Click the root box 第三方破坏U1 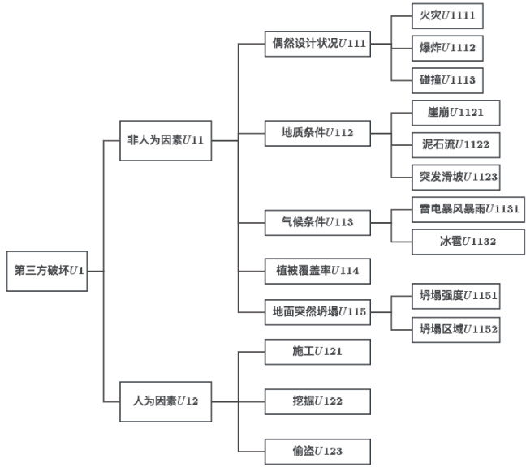click(50, 269)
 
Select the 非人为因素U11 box click(166, 139)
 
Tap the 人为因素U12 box click(166, 400)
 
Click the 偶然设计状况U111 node click(318, 42)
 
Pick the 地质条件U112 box click(318, 131)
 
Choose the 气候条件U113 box click(318, 221)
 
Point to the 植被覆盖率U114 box click(318, 269)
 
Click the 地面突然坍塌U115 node click(318, 311)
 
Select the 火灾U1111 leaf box click(447, 16)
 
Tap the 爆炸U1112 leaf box click(447, 48)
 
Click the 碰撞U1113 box click(447, 79)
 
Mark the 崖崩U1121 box click(454, 111)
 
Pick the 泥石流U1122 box click(454, 144)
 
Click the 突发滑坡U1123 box click(454, 175)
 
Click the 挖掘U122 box click(318, 401)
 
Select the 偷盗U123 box click(318, 449)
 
